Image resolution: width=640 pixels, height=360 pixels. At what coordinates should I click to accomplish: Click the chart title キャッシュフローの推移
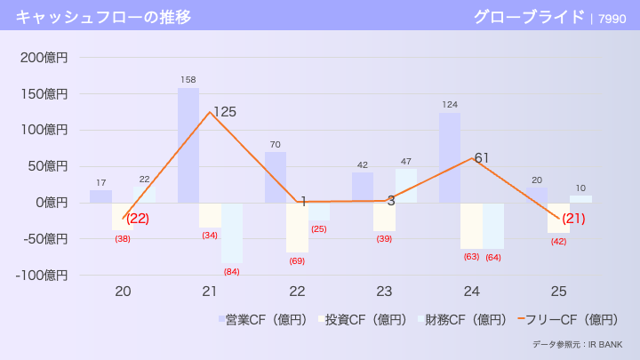pyautogui.click(x=102, y=16)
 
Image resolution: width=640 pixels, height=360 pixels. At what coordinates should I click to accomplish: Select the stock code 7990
pyautogui.click(x=612, y=17)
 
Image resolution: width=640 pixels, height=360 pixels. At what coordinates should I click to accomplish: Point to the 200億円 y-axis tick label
pyautogui.click(x=44, y=58)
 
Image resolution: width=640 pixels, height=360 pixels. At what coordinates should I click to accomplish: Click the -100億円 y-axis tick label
pyautogui.click(x=41, y=275)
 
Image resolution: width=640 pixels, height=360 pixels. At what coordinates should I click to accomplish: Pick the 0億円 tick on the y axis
pyautogui.click(x=50, y=203)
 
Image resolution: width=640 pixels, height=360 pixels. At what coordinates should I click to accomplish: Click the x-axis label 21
pyautogui.click(x=210, y=292)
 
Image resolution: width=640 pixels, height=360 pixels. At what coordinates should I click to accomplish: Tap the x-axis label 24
pyautogui.click(x=471, y=292)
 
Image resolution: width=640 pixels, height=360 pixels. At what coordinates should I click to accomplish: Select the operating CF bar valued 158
pyautogui.click(x=188, y=145)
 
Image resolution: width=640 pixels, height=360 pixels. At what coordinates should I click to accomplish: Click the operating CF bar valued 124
pyautogui.click(x=450, y=157)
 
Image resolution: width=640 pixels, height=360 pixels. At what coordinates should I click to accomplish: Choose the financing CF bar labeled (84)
pyautogui.click(x=232, y=232)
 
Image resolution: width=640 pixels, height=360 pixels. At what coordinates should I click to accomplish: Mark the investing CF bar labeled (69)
pyautogui.click(x=297, y=227)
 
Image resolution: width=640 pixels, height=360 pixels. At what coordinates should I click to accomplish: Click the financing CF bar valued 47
pyautogui.click(x=406, y=185)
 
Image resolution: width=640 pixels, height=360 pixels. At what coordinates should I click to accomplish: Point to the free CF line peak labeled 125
pyautogui.click(x=210, y=112)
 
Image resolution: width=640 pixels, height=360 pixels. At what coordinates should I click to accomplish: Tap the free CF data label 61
pyautogui.click(x=482, y=158)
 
